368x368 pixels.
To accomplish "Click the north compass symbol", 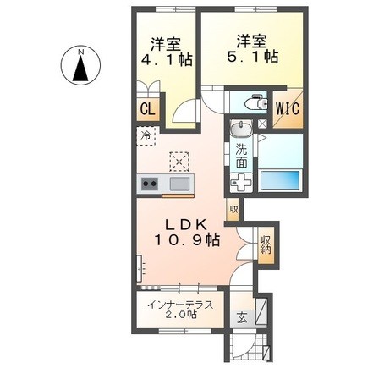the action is pos(81,65).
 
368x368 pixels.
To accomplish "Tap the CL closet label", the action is pos(148,109).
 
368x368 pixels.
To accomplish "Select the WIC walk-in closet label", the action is pos(288,109).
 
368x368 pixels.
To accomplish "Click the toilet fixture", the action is pos(256,102).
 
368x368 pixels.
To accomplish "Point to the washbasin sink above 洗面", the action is pos(240,128).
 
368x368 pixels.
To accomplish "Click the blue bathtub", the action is pos(280,180).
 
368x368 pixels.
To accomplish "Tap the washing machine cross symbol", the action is pos(240,183).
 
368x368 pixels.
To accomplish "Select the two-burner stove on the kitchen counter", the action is pos(149,184).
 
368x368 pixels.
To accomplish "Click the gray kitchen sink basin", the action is pos(179,184).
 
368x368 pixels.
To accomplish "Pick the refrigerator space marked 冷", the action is pos(146,136).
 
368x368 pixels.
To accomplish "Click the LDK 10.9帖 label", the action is pos(187,233).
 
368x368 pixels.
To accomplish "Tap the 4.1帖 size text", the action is pos(167,60).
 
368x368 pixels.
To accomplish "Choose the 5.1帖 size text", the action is pos(252,58).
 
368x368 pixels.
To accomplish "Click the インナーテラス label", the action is pos(180,305).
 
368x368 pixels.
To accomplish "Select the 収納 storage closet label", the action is pos(266,244).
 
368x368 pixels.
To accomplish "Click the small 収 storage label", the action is pos(233,209).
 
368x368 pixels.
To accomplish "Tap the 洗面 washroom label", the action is pos(241,156).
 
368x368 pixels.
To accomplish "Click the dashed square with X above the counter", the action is pos(179,162).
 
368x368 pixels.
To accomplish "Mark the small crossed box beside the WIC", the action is pos(262,124).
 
